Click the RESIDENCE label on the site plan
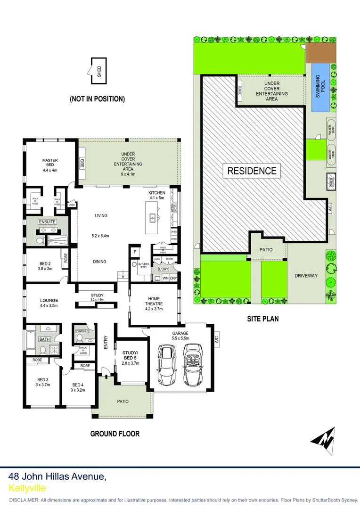point(252,171)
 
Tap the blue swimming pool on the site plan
point(320,87)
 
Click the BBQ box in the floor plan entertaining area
point(82,164)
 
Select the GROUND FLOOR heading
point(115,434)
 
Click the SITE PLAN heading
point(263,319)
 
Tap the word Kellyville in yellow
point(27,488)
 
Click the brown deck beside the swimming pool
point(320,53)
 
